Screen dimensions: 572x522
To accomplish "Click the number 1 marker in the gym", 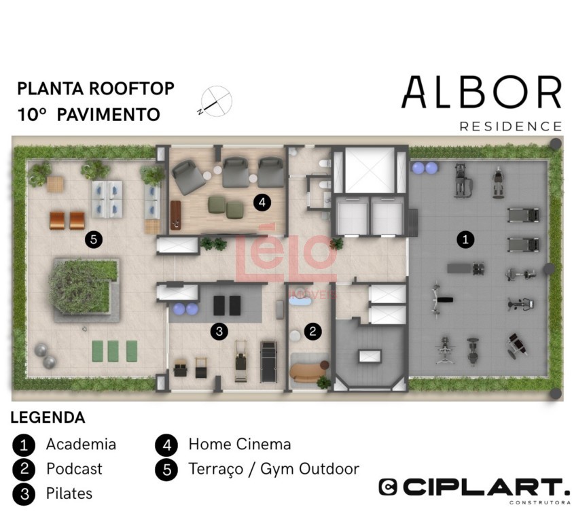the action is [x=465, y=239].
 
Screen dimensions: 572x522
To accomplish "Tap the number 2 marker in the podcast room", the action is [x=312, y=331].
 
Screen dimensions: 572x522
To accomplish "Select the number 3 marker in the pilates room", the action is [x=219, y=331].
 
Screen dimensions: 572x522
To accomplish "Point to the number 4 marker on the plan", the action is [x=262, y=202].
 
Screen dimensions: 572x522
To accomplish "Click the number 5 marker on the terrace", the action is [x=94, y=239].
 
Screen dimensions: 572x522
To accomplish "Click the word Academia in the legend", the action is [x=81, y=445].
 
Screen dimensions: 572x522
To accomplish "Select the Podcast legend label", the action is [x=74, y=469].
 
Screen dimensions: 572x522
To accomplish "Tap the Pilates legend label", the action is [x=69, y=493].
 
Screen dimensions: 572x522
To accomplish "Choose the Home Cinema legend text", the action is [x=240, y=445].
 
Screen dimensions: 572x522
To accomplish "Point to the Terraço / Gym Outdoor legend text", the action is [x=274, y=469].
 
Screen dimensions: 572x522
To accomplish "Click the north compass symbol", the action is [x=216, y=101].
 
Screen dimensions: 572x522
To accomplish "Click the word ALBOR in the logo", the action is [x=482, y=92].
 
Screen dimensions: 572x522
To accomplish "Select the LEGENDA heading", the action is [x=48, y=417].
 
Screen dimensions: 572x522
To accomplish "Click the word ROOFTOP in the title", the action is [x=132, y=89].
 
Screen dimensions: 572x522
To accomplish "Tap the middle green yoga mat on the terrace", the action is [x=113, y=351].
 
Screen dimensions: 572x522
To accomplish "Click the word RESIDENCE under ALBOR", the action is [x=511, y=126].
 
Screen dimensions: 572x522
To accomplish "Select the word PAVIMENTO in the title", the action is [x=108, y=115].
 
